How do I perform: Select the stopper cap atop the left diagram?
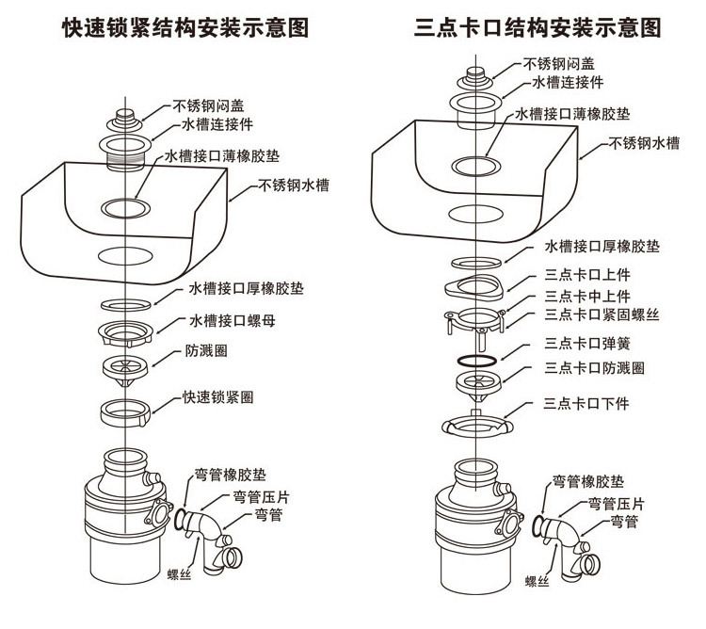[x=124, y=121]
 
